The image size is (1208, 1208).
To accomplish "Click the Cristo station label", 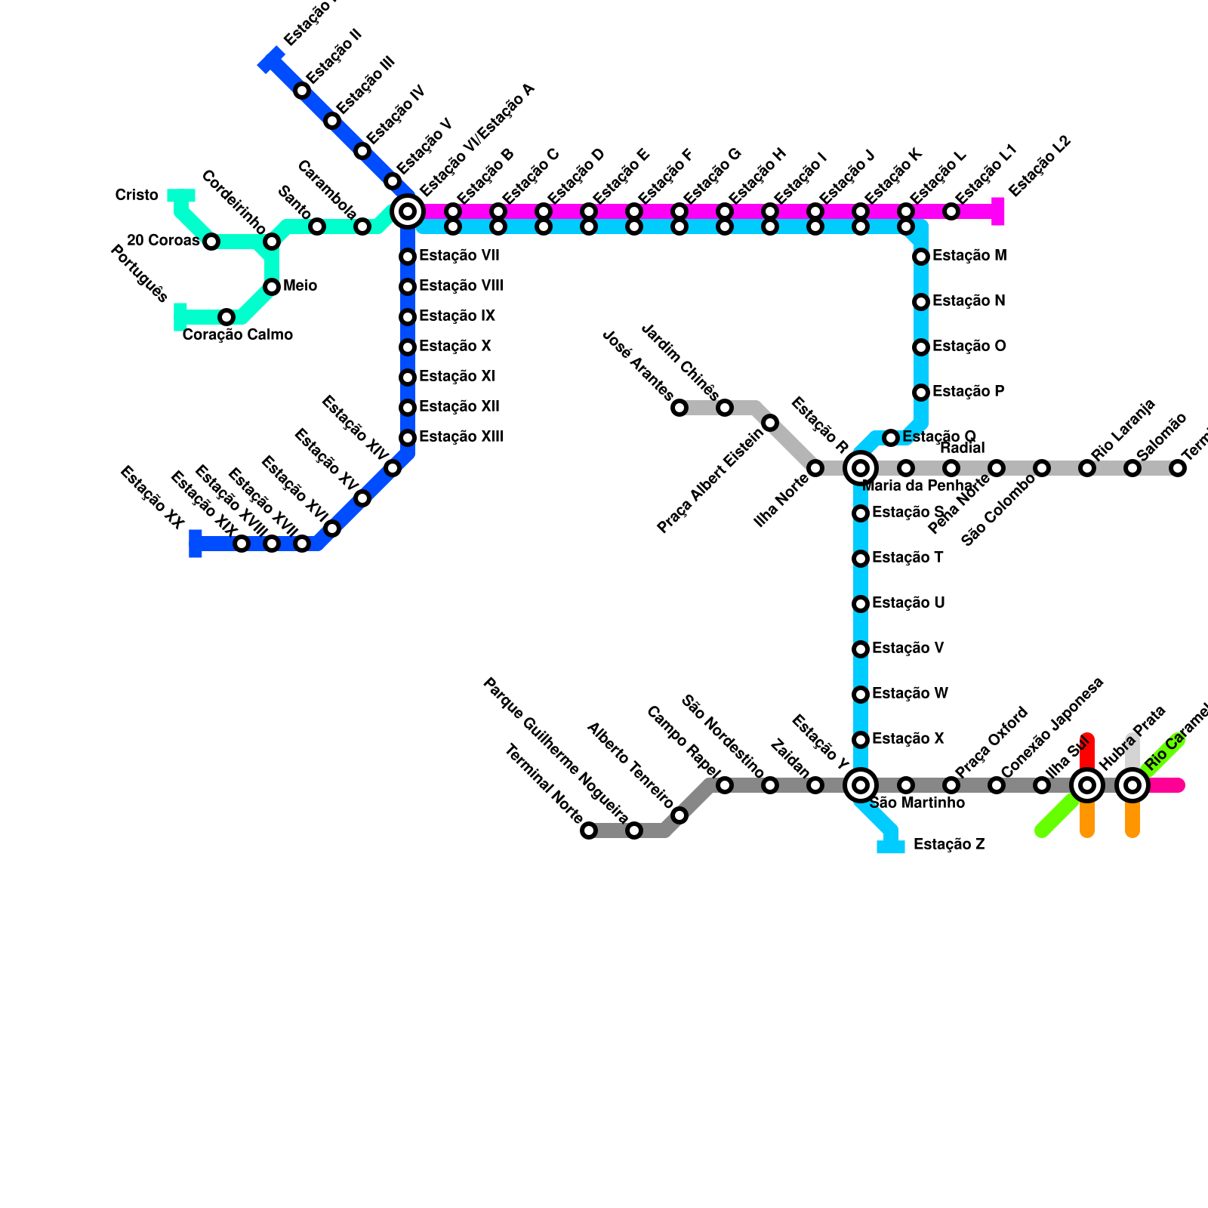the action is point(137,196).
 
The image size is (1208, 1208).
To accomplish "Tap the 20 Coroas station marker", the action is point(211,242).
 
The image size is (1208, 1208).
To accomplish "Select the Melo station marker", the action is point(272,287).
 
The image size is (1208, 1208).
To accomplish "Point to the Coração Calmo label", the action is point(237,334).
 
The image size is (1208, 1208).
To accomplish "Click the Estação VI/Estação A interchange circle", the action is point(408,211).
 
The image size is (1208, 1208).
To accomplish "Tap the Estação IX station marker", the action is point(408,317).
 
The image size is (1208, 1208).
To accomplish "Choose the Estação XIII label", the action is point(461,437).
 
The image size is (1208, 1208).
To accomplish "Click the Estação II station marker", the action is point(302,91).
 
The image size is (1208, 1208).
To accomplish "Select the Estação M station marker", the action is point(921,257).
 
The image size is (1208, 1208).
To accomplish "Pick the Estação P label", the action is point(968,392).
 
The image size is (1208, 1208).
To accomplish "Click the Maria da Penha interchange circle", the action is point(861,468).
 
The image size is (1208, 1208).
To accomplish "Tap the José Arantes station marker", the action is point(679,408).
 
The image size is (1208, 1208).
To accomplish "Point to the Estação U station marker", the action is point(861,604).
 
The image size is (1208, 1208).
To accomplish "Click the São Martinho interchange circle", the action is point(861,785).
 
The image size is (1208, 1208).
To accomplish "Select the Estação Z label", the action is point(948,845).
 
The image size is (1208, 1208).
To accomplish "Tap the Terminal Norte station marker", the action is point(589,830).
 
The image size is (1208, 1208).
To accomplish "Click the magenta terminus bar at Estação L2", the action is point(998,211).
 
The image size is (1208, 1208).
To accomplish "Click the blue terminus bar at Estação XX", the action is point(196,544).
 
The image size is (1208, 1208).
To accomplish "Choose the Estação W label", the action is point(910,694).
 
